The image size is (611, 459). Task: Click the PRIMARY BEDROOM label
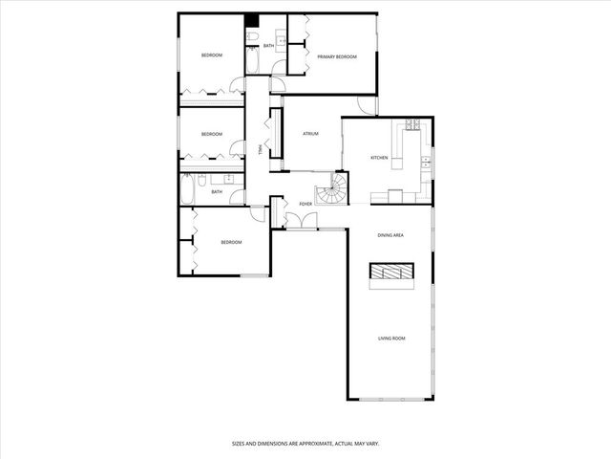(x=336, y=57)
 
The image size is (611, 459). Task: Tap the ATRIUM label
(x=310, y=135)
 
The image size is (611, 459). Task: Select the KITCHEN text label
(x=379, y=158)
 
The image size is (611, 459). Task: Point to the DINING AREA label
(x=390, y=234)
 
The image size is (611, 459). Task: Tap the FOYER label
(x=305, y=205)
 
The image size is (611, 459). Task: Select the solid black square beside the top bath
(x=252, y=22)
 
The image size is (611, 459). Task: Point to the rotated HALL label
(x=260, y=148)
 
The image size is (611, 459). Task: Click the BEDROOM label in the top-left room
(x=211, y=55)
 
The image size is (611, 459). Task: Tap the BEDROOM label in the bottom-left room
(x=231, y=243)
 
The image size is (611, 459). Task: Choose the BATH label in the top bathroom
(x=268, y=46)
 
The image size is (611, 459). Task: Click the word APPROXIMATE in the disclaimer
(x=304, y=444)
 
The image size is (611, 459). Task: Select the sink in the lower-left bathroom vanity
(x=229, y=179)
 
